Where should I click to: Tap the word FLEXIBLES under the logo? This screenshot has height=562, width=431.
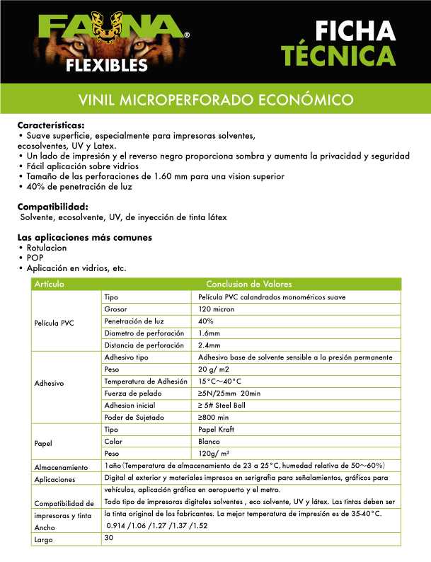pos(107,66)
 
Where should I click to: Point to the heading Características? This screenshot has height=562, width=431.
pos(50,125)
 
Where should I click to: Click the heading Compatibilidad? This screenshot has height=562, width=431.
pos(52,206)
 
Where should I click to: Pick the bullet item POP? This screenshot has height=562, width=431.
pos(35,258)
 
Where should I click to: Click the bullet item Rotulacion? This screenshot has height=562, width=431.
pos(46,248)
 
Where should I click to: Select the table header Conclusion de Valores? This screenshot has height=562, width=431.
pos(244,284)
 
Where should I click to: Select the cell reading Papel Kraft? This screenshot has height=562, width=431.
pos(217,429)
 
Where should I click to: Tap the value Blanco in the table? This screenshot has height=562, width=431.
pos(210,441)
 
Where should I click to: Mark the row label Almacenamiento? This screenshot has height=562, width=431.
pos(61,468)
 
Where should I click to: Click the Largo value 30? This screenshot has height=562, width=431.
pos(109,538)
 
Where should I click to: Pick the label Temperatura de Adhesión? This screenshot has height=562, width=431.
pos(144,382)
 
